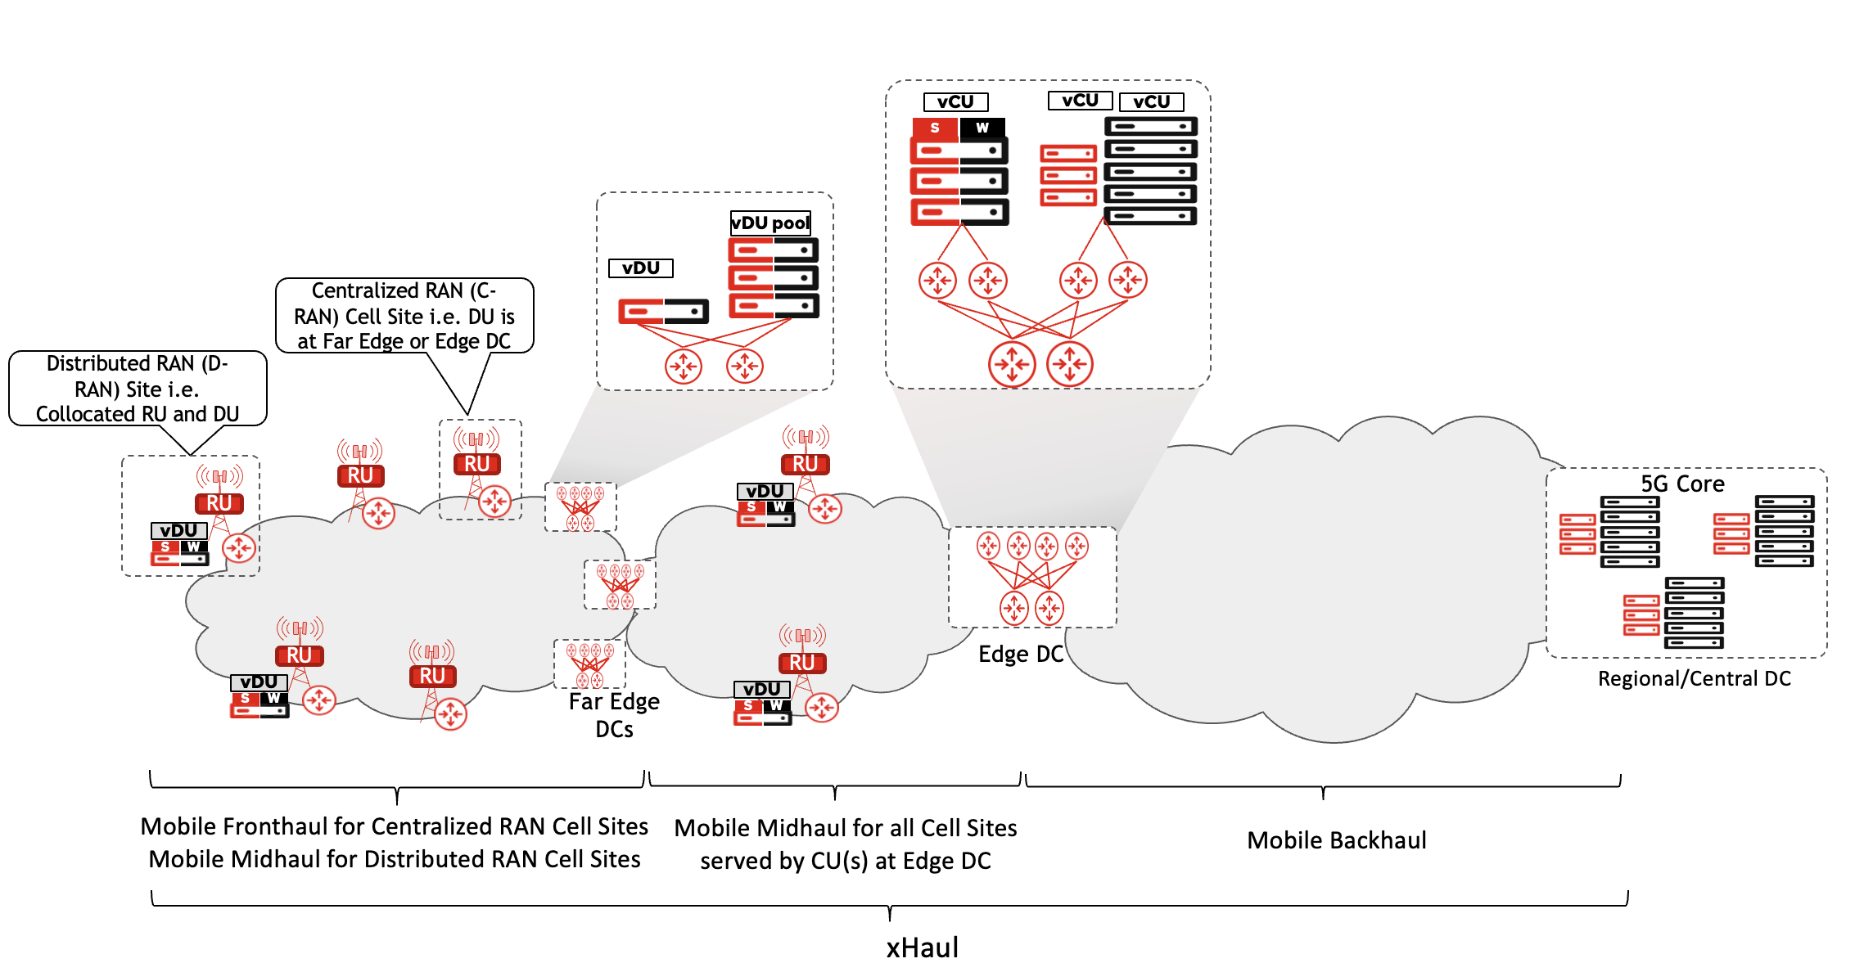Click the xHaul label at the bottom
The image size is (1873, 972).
tap(922, 947)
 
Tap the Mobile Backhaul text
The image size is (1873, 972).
tap(1336, 840)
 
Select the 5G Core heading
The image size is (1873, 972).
tap(1682, 484)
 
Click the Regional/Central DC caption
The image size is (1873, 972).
tap(1694, 678)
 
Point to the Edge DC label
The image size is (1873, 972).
tap(1020, 654)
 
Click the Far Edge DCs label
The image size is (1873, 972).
tap(614, 714)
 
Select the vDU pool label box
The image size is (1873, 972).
tap(770, 223)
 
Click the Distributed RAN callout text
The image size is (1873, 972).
tap(138, 389)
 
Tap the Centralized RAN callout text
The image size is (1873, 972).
tap(404, 316)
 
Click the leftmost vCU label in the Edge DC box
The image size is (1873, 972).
tap(955, 102)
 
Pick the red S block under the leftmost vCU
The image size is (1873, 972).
tap(935, 128)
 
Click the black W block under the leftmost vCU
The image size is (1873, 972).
tap(982, 128)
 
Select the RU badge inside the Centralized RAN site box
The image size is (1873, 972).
tap(476, 464)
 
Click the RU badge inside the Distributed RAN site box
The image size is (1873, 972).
tap(219, 503)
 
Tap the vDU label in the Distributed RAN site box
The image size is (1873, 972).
tap(178, 530)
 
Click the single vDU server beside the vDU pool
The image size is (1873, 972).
tap(663, 311)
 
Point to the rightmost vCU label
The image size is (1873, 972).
tap(1151, 102)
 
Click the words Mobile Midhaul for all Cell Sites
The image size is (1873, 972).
tap(845, 828)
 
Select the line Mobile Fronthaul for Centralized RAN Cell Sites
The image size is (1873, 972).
tap(394, 826)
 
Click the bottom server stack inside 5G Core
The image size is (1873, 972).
tap(1674, 614)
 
